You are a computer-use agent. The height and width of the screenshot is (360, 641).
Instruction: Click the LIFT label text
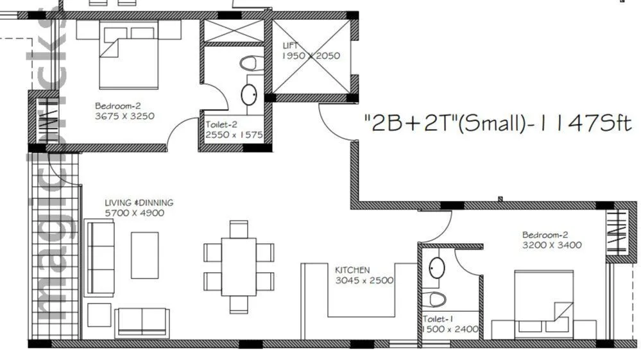(x=291, y=46)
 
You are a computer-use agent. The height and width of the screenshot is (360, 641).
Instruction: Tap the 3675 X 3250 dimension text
(x=124, y=116)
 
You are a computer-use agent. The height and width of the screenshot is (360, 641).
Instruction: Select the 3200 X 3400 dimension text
(x=551, y=245)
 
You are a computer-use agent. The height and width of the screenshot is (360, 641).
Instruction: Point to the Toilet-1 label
(x=438, y=319)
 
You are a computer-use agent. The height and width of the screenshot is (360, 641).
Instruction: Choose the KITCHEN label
(x=352, y=270)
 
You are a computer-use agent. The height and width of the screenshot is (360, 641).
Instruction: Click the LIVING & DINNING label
(x=139, y=203)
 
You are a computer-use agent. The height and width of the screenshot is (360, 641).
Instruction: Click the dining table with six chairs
(x=239, y=266)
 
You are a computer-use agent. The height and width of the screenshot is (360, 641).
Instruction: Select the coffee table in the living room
(x=144, y=255)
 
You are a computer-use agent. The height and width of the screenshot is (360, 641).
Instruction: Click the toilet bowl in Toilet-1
(x=438, y=299)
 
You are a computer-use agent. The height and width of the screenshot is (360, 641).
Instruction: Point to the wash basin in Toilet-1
(x=437, y=268)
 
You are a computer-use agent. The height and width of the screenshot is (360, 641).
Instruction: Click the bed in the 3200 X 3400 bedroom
(x=543, y=304)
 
